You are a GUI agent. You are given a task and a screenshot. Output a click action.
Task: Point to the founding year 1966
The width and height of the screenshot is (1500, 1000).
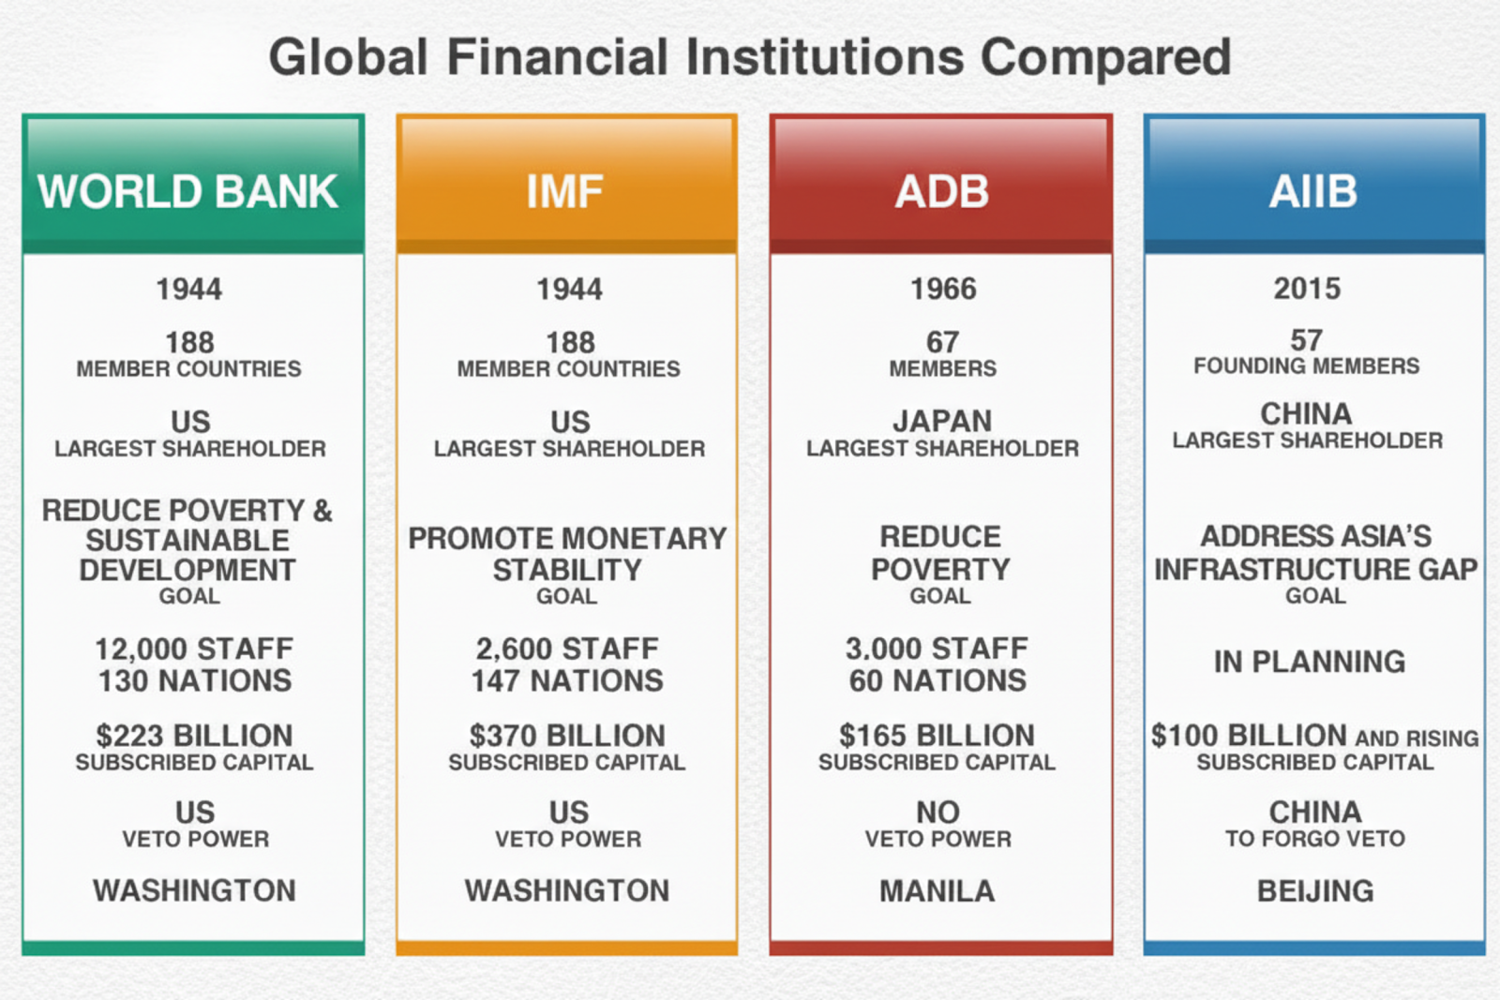click(x=943, y=290)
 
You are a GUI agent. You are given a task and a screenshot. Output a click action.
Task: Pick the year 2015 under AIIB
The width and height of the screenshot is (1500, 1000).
click(x=1307, y=290)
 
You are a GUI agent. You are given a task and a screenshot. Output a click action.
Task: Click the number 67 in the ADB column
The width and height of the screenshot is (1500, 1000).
click(x=943, y=343)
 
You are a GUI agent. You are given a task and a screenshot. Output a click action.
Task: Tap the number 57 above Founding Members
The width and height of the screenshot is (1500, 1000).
click(x=1307, y=341)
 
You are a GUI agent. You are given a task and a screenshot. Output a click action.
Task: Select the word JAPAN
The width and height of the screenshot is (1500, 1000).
click(x=942, y=422)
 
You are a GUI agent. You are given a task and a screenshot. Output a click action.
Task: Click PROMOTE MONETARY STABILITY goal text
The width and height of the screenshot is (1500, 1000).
click(x=567, y=554)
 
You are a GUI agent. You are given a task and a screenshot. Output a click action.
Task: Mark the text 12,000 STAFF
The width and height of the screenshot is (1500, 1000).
click(x=194, y=649)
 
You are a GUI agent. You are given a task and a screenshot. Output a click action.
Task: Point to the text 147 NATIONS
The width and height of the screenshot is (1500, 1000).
click(x=567, y=681)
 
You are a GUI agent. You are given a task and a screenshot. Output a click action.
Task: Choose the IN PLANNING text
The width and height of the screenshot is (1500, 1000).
click(x=1310, y=662)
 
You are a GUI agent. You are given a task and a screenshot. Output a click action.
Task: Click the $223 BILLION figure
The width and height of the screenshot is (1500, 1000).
click(x=194, y=736)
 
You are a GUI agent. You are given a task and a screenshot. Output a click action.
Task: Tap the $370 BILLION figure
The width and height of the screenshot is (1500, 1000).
click(x=567, y=736)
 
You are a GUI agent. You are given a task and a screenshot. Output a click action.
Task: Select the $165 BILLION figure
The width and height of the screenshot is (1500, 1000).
click(x=937, y=736)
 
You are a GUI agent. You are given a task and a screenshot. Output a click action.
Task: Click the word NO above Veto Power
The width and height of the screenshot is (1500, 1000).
click(x=938, y=813)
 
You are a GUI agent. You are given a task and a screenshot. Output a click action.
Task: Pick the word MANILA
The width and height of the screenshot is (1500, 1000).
click(x=937, y=891)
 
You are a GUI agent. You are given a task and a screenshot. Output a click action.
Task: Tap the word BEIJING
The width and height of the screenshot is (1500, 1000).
click(x=1315, y=891)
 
